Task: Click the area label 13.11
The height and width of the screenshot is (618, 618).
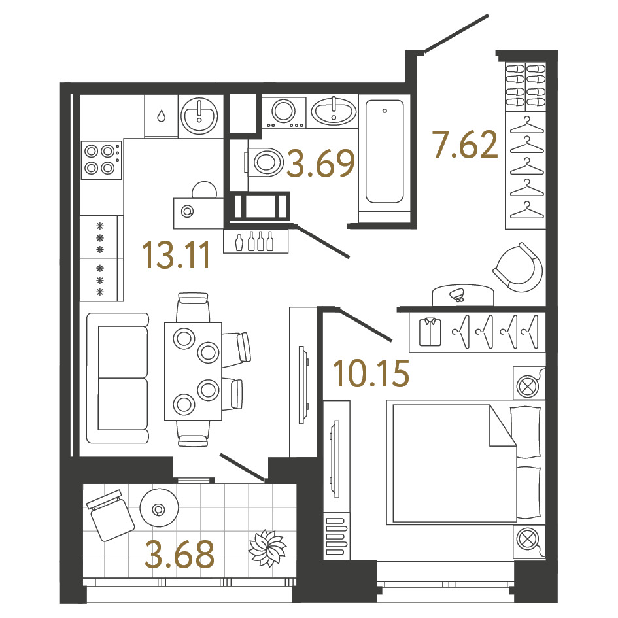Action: [x=176, y=256]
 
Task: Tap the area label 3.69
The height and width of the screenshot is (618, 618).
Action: [x=321, y=163]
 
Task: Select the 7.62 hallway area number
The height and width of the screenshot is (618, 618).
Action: [x=465, y=145]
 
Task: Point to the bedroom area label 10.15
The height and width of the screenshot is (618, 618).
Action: [x=371, y=373]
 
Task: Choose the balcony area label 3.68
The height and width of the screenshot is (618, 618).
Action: [x=180, y=555]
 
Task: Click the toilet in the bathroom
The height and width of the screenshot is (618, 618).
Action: [x=264, y=162]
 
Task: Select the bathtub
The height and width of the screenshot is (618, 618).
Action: [x=385, y=151]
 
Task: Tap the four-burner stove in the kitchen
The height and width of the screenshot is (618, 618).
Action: [x=101, y=160]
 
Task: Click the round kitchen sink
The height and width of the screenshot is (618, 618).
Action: [x=199, y=116]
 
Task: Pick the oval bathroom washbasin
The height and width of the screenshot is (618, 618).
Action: [x=334, y=111]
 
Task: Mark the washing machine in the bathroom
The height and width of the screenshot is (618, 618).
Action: [x=284, y=112]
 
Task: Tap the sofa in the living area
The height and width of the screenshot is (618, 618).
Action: [x=118, y=378]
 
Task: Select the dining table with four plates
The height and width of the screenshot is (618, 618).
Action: [x=193, y=371]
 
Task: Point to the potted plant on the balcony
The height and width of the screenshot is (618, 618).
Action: [x=267, y=548]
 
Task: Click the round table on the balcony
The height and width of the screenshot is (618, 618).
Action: [x=159, y=508]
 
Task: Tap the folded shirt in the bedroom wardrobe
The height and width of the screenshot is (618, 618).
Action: [x=430, y=332]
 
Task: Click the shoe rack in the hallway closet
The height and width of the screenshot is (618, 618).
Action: [x=526, y=86]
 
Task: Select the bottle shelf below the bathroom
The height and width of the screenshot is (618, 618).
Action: [x=256, y=241]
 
